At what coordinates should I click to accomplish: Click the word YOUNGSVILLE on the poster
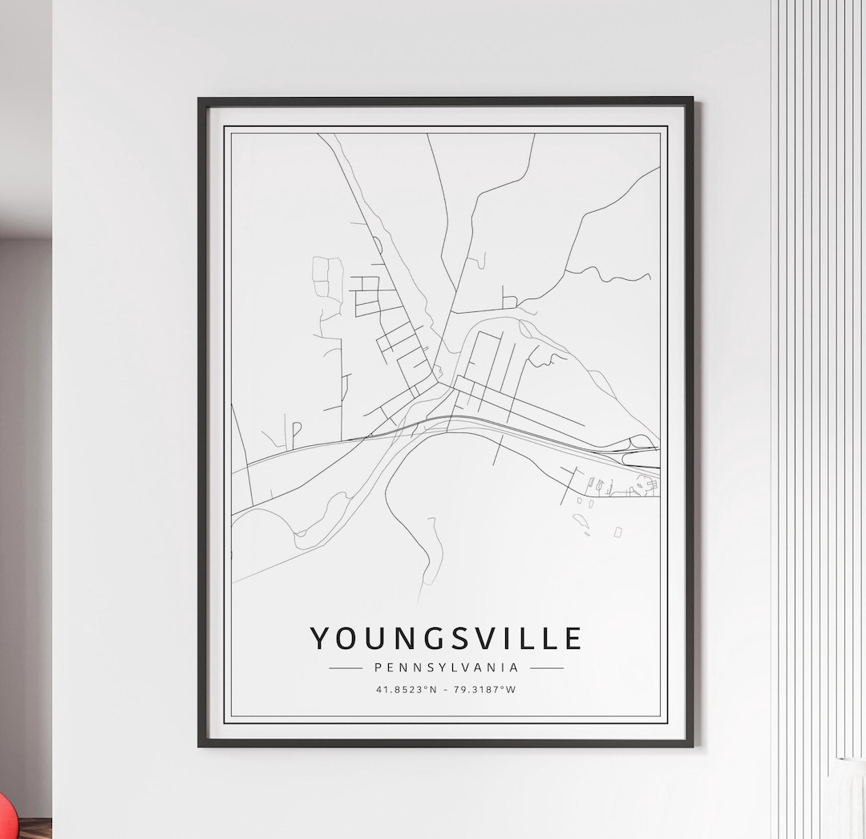(446, 638)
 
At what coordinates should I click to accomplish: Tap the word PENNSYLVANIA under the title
(446, 667)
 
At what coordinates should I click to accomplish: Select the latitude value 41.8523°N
(406, 689)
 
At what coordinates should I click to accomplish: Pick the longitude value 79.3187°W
(486, 689)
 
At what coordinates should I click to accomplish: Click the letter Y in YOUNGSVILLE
(320, 638)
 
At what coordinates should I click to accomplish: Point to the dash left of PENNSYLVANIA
(346, 667)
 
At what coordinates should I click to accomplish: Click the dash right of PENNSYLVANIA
(546, 667)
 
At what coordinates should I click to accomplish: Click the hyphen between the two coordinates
(446, 689)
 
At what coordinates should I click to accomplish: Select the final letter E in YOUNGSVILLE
(573, 638)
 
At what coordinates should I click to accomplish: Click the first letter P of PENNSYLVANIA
(378, 667)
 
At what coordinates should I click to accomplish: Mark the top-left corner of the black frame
(200, 100)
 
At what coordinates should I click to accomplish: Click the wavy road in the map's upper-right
(617, 275)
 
